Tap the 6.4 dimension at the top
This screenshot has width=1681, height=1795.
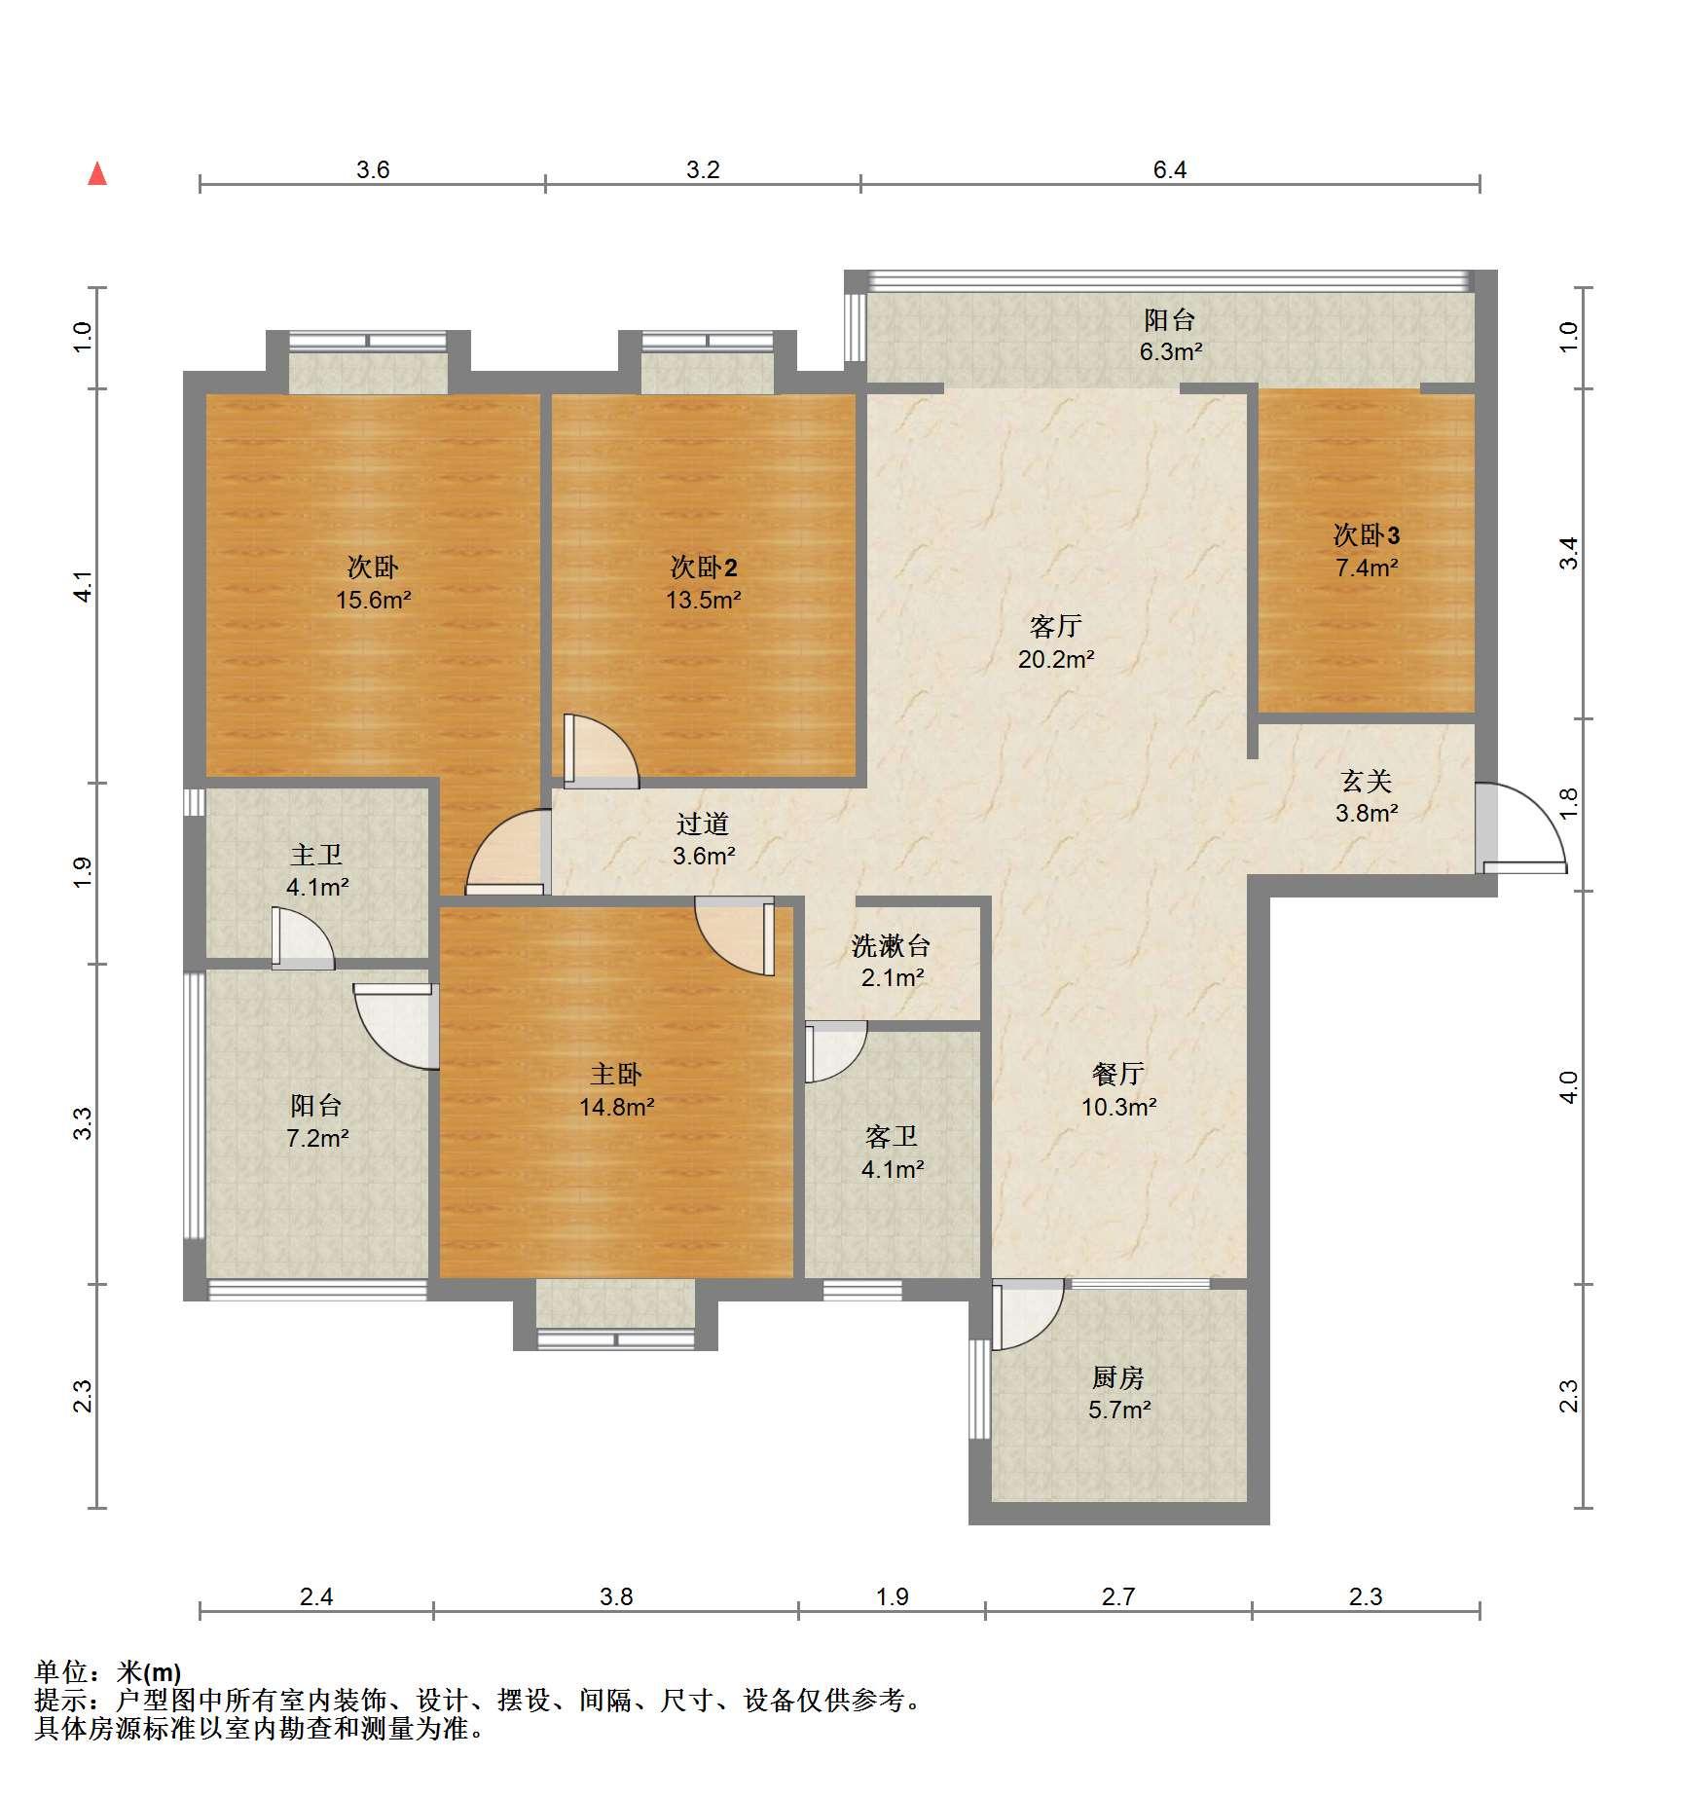point(1169,170)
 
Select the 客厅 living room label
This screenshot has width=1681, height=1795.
point(1056,626)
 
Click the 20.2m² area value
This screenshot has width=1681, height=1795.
point(1056,659)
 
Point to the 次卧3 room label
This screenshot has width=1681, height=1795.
point(1367,534)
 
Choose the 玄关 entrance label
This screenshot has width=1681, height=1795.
point(1367,780)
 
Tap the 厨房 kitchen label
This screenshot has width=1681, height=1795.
point(1118,1377)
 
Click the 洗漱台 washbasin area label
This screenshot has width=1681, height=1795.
point(892,945)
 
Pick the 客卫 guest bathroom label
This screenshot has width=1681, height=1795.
point(892,1136)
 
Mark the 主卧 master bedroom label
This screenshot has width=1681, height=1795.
point(616,1074)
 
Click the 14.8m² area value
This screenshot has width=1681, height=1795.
point(616,1107)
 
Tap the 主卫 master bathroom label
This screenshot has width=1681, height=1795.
point(316,855)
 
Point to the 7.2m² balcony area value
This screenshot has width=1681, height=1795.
point(316,1137)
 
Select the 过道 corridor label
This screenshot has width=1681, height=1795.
point(703,824)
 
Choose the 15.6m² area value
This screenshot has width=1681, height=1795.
point(373,600)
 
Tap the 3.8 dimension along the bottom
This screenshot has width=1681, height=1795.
point(616,1596)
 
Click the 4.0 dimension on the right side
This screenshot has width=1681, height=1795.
point(1567,1086)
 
